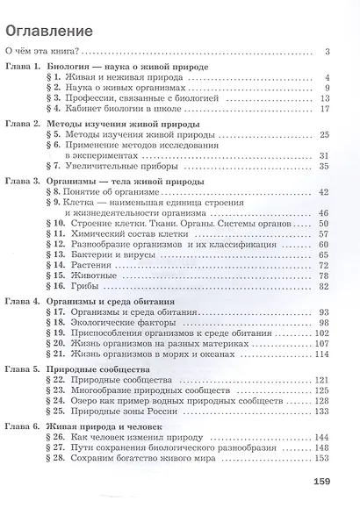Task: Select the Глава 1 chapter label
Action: [24, 68]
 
